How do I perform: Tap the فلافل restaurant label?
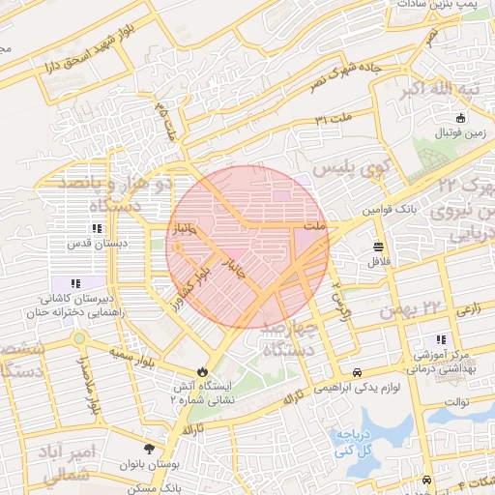(376, 261)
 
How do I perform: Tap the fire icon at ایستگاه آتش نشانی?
(202, 371)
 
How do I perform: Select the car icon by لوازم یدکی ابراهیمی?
(357, 371)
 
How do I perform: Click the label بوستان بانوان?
(149, 465)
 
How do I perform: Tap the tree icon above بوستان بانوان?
(149, 450)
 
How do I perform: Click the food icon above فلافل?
(376, 246)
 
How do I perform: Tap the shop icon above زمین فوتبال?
(459, 117)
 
